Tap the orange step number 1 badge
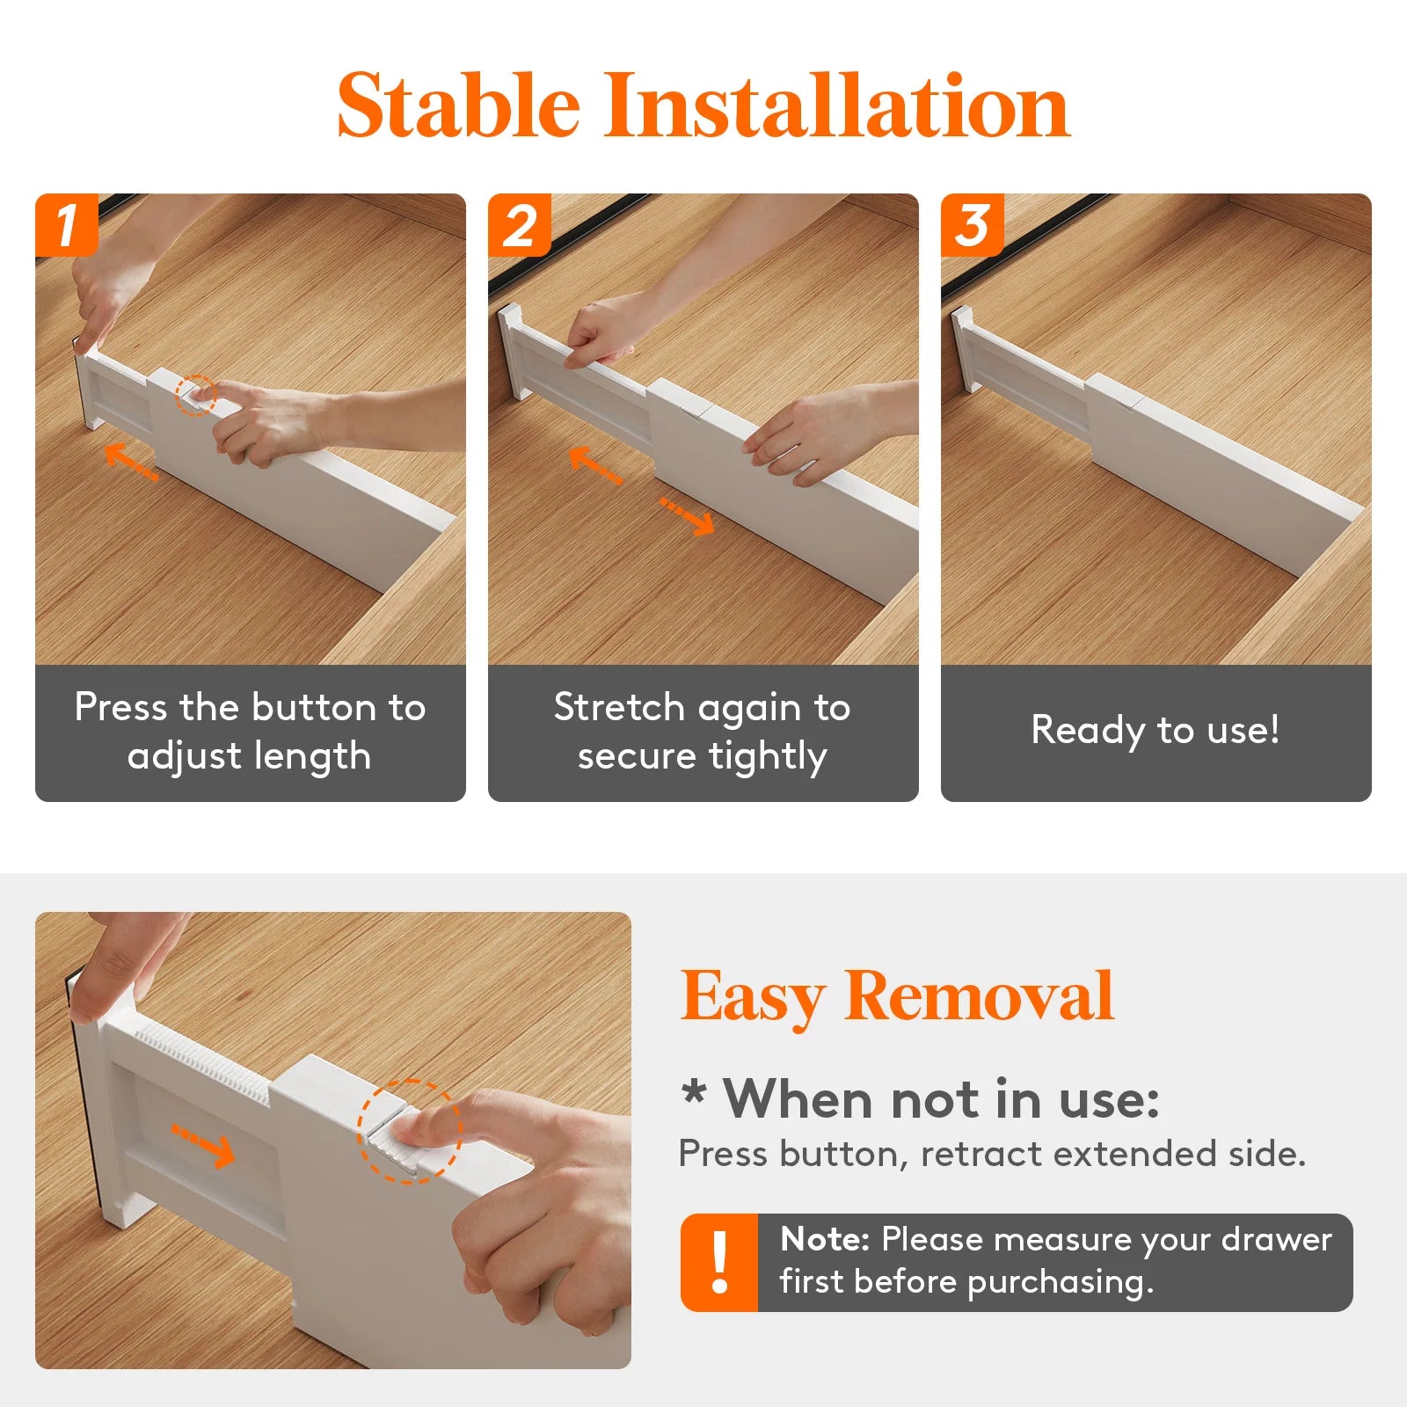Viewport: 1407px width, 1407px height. click(x=67, y=225)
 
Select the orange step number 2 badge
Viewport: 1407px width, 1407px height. click(x=520, y=225)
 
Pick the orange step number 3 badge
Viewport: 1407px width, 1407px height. click(x=973, y=225)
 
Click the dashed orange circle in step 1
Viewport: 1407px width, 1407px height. click(x=195, y=395)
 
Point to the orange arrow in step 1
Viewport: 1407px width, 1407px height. click(x=130, y=461)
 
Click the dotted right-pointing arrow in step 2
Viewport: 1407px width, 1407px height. click(x=688, y=516)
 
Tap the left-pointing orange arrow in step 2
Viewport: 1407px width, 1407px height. click(x=595, y=464)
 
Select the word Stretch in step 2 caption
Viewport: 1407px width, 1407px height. click(x=619, y=707)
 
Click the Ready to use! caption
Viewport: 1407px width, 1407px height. click(x=1155, y=730)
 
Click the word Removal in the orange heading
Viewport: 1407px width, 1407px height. click(x=979, y=996)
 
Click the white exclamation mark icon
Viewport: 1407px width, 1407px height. click(x=719, y=1263)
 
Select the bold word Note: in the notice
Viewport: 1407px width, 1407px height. click(x=825, y=1239)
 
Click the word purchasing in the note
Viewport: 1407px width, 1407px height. click(x=1060, y=1282)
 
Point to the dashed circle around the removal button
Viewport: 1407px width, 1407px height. click(x=409, y=1131)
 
